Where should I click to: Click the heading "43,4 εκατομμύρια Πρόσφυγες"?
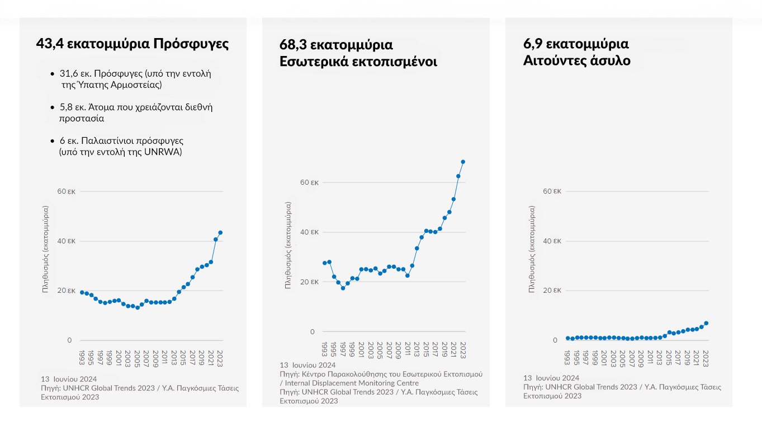(x=132, y=44)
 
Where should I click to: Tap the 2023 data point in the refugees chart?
(x=220, y=232)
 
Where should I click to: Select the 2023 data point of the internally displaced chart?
(x=463, y=162)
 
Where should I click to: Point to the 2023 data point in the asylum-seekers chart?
(x=706, y=323)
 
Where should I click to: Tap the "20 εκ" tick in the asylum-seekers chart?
(x=552, y=291)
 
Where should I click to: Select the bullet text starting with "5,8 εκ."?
(x=136, y=113)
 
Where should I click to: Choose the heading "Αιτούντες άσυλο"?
(x=576, y=60)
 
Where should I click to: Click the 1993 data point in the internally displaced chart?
(x=324, y=263)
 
